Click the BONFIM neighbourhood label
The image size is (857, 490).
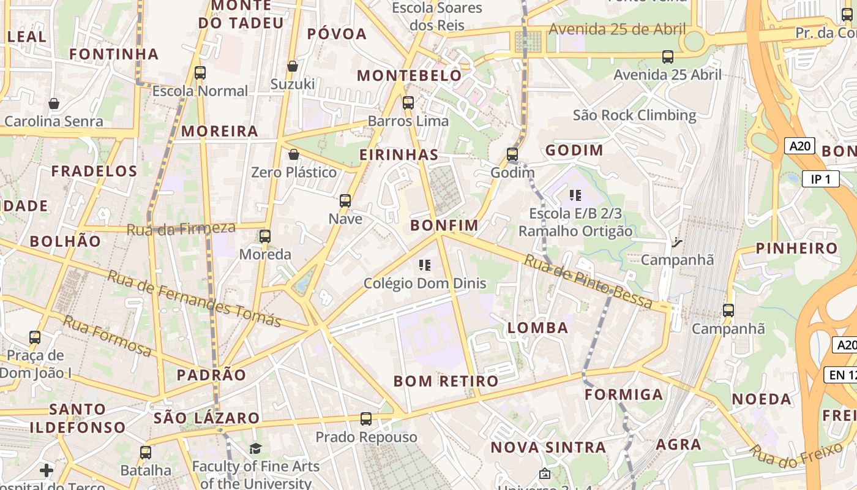(444, 225)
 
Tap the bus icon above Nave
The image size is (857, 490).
(345, 201)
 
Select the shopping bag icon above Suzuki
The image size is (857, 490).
(293, 66)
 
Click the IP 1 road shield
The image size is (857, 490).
(820, 179)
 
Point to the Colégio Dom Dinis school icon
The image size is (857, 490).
(424, 265)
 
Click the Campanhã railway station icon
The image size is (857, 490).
(676, 243)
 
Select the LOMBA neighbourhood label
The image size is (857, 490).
(538, 328)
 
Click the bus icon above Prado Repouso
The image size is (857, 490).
(366, 419)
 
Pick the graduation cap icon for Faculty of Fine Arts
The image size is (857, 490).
(255, 449)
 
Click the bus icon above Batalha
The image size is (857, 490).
(145, 453)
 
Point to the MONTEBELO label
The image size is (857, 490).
(410, 76)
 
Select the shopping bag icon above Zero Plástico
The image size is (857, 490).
(294, 154)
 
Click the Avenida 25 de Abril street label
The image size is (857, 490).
(617, 29)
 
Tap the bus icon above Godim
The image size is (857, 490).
(512, 154)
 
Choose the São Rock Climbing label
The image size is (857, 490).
(634, 115)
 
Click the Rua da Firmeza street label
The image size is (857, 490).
(181, 229)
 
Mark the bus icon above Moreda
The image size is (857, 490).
(265, 236)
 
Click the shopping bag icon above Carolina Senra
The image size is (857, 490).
(54, 104)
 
